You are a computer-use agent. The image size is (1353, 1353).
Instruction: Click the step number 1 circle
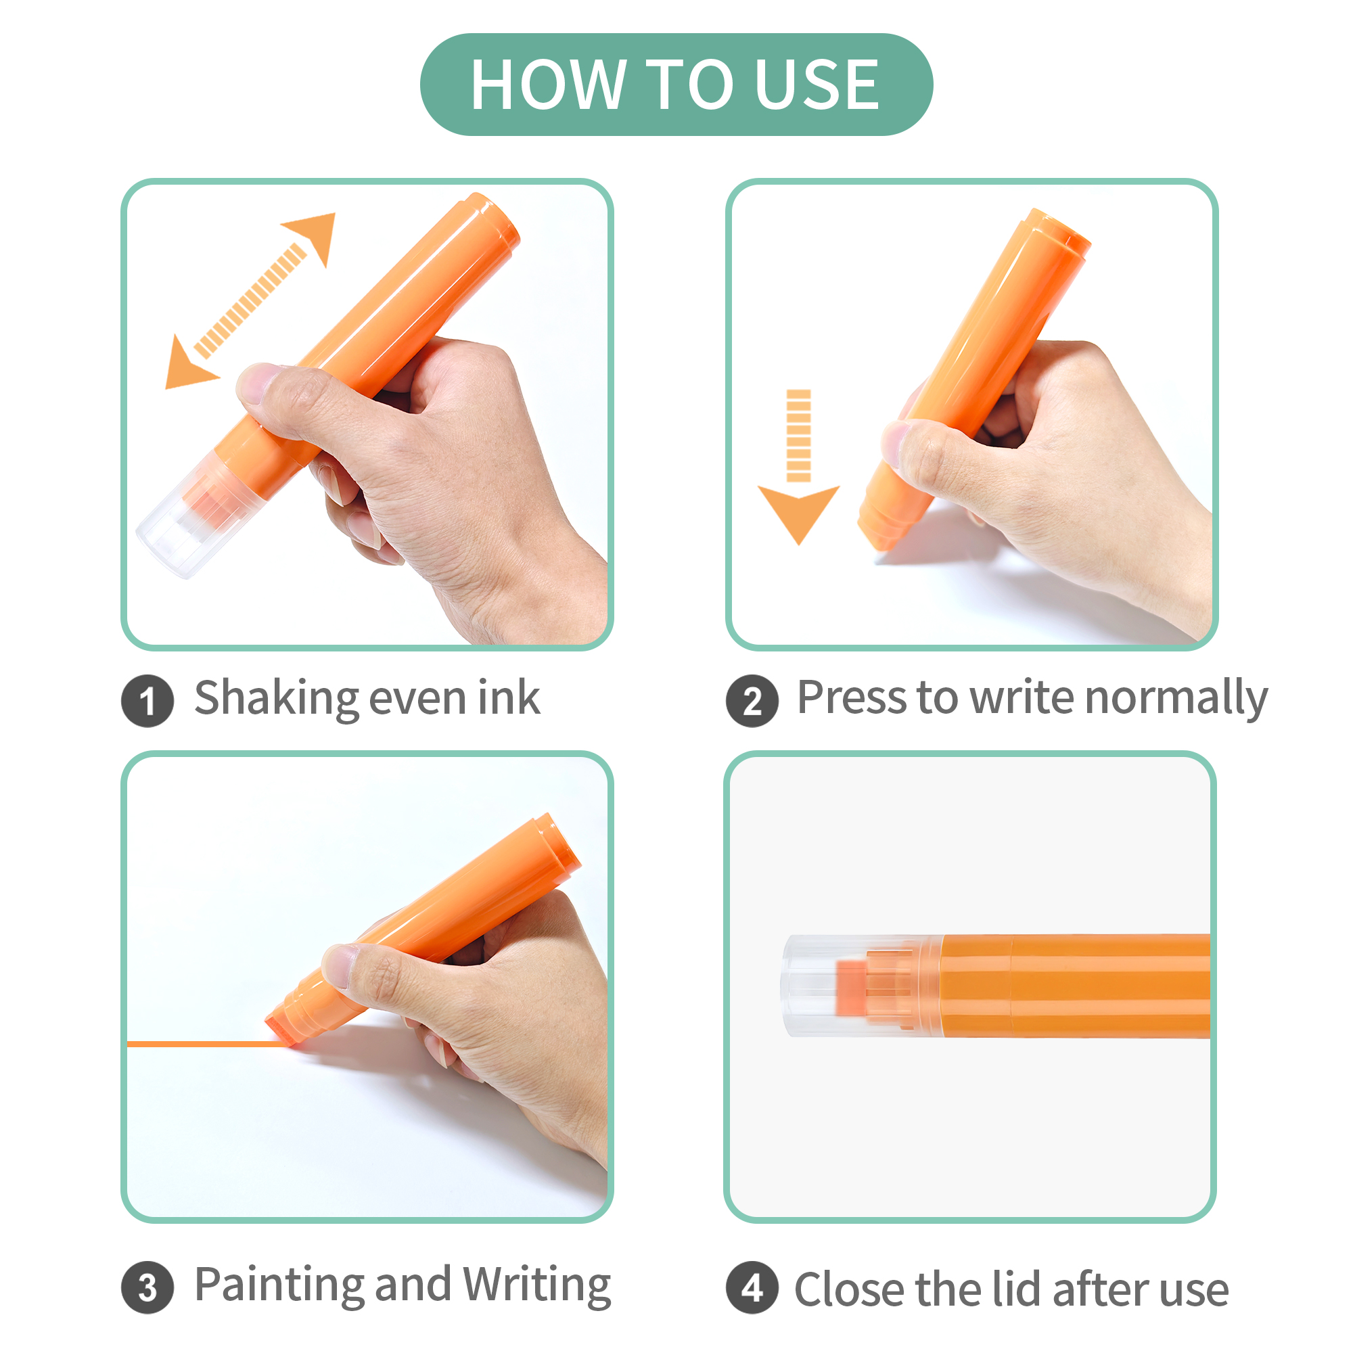coord(147,700)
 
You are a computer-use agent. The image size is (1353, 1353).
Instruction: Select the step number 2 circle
coord(752,700)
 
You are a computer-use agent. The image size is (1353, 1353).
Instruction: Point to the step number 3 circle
coord(147,1287)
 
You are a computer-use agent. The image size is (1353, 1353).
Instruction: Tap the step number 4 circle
coord(752,1287)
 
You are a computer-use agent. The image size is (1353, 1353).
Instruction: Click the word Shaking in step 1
coord(276,699)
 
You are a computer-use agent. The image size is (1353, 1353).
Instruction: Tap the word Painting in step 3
coord(279,1286)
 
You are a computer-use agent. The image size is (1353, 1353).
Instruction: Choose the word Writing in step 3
coord(537,1286)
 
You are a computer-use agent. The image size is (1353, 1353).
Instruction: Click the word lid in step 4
coord(1015,1289)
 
